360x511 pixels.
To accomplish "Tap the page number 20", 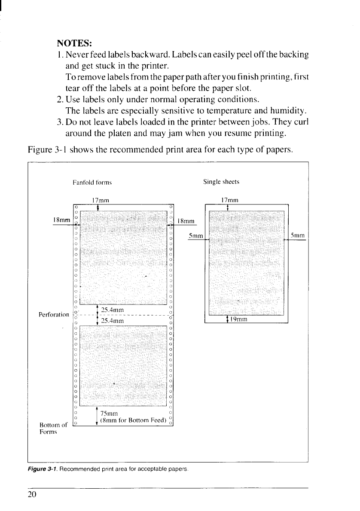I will (32, 494).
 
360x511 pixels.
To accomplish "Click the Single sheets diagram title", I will (222, 182).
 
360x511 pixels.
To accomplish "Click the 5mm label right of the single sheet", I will (297, 235).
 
